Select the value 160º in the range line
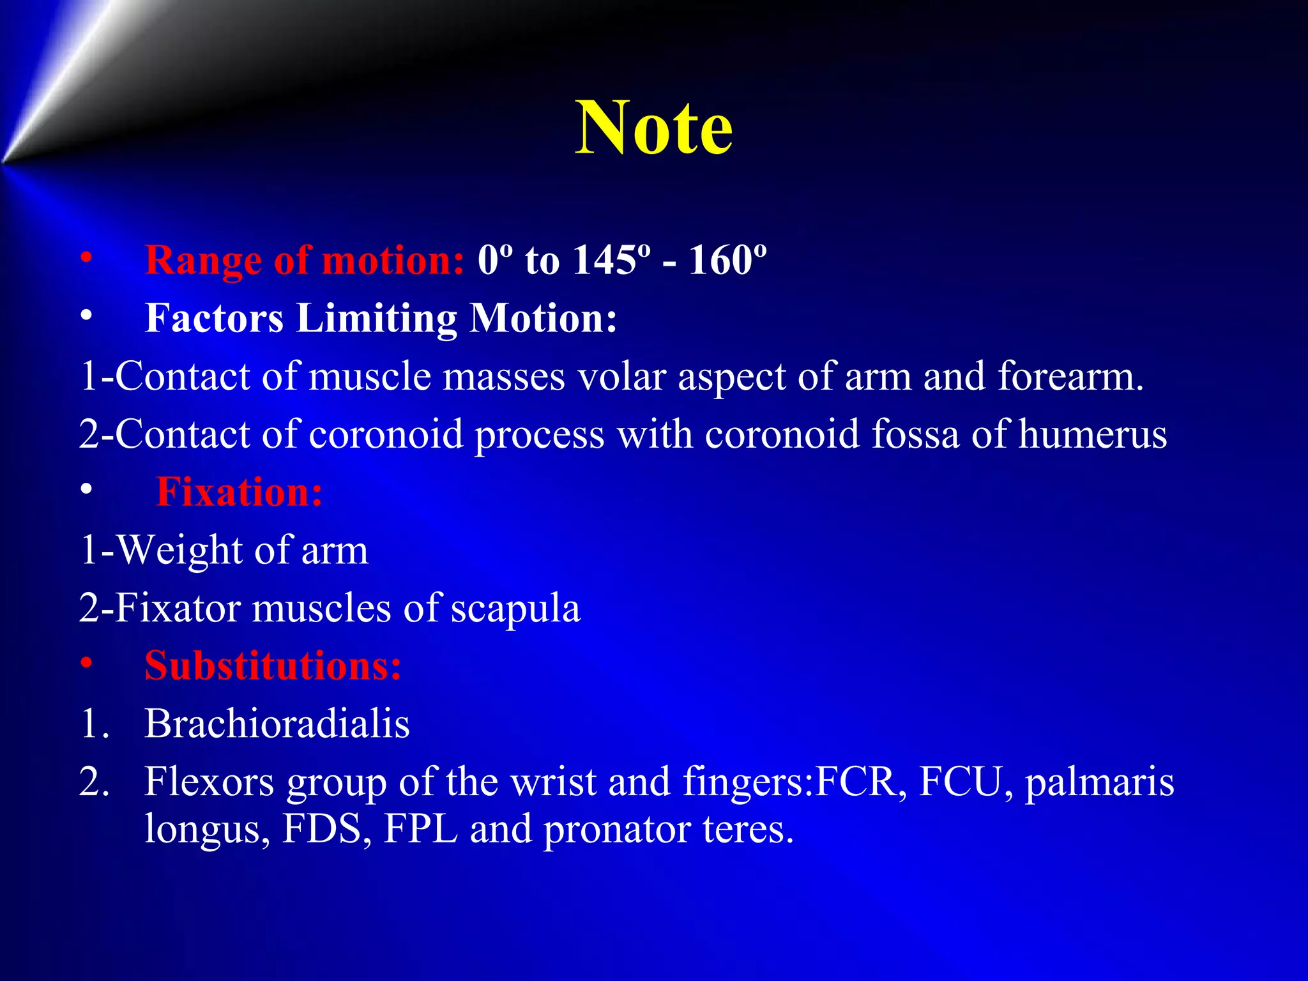tap(727, 260)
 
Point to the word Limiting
tap(376, 318)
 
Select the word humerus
tap(1093, 434)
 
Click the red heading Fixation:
tap(239, 492)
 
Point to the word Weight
tap(179, 550)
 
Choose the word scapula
tap(515, 609)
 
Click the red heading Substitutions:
tap(273, 666)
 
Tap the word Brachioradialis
tap(277, 724)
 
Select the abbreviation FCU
tap(965, 782)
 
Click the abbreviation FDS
tap(322, 829)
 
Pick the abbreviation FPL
tap(420, 829)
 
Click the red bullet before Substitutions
tap(86, 665)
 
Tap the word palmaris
tap(1099, 783)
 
